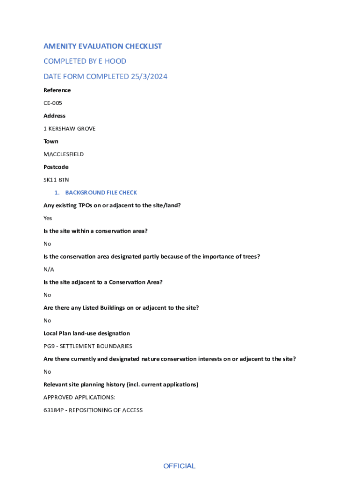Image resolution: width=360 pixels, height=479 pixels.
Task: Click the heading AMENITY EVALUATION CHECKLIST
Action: click(x=102, y=46)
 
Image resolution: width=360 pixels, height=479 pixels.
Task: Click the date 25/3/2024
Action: click(x=149, y=77)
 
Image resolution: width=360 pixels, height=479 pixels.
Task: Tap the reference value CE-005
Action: click(x=53, y=103)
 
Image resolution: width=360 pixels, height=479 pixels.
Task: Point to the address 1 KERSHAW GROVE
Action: click(x=69, y=129)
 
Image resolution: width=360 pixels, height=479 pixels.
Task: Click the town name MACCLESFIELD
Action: click(x=64, y=154)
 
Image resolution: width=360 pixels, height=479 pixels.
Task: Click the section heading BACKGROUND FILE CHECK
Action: click(x=101, y=193)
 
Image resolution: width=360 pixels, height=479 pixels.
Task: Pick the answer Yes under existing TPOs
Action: click(x=48, y=218)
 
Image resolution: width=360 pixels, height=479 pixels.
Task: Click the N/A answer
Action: click(x=49, y=269)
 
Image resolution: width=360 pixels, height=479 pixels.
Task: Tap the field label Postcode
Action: click(x=56, y=167)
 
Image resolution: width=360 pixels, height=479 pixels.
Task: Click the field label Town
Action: click(x=51, y=141)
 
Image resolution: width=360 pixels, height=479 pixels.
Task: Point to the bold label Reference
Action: click(x=57, y=90)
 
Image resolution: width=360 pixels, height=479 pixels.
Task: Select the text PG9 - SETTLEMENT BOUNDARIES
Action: click(x=88, y=346)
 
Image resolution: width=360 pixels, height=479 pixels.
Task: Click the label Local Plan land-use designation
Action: click(x=86, y=334)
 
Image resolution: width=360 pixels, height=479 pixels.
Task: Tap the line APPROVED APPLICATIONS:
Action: click(x=79, y=397)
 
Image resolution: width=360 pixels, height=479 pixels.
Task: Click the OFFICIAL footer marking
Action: click(x=179, y=466)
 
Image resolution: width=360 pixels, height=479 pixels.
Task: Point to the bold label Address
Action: click(x=54, y=116)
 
